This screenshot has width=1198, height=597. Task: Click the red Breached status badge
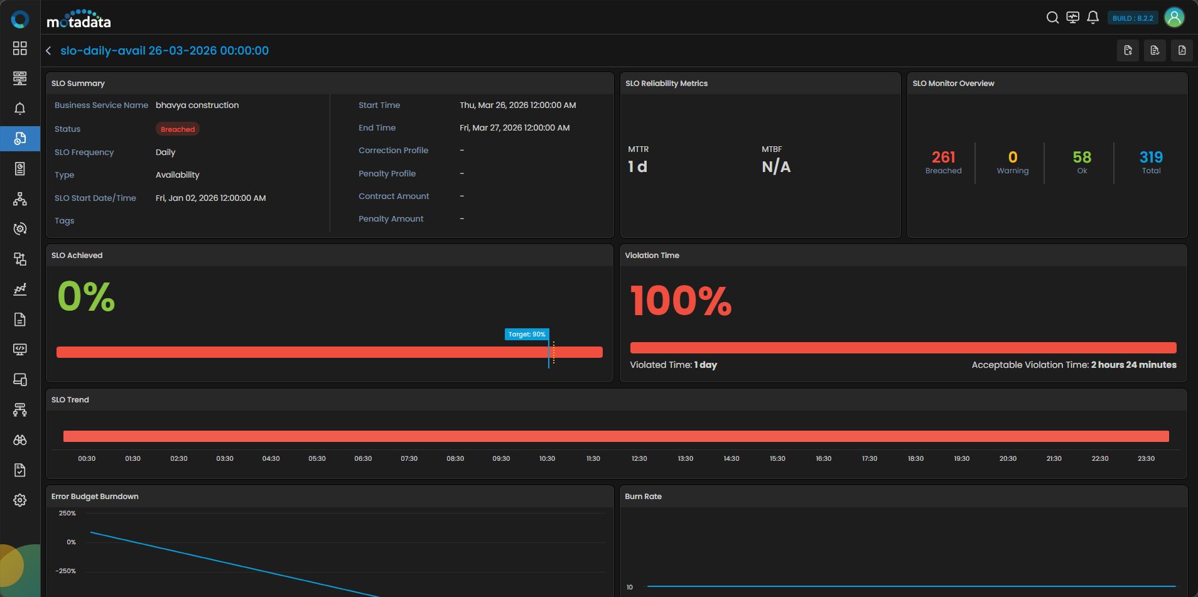[178, 129]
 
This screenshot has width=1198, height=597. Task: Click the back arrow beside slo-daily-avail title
[48, 51]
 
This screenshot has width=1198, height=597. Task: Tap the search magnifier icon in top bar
[1052, 18]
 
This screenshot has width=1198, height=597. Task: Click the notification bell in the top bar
[1093, 18]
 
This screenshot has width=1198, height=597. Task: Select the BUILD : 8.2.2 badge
[1133, 18]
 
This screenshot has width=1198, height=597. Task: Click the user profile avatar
[1174, 18]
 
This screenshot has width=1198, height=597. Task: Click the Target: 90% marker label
[527, 335]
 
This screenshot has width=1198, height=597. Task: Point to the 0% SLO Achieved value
[86, 296]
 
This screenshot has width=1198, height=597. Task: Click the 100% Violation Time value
[681, 300]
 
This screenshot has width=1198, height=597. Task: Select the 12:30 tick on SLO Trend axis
[639, 459]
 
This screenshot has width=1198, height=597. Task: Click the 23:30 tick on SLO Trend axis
[1146, 459]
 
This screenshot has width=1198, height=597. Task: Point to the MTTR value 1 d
[637, 167]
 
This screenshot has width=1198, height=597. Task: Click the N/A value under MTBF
[776, 167]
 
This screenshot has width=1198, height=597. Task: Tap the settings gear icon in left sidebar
[20, 500]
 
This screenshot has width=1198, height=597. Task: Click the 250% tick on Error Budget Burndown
[67, 514]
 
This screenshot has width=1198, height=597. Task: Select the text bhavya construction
[197, 105]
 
